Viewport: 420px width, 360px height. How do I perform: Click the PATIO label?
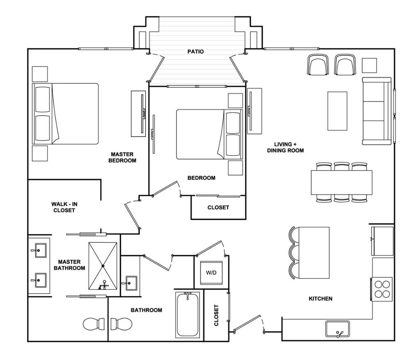point(196,52)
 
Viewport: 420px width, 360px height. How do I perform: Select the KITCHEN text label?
point(320,299)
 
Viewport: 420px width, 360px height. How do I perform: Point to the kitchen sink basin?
point(337,328)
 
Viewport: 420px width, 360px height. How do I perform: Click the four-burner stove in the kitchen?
point(381,288)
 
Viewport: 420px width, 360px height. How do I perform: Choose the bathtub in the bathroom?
point(188,314)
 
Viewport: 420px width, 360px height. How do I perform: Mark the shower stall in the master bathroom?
point(103,266)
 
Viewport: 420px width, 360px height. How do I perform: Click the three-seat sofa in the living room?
point(377,111)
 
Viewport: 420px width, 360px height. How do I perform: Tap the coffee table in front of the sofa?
point(337,111)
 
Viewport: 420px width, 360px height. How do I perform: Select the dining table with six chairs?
point(342,182)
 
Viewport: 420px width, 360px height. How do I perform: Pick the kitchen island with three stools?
point(314,253)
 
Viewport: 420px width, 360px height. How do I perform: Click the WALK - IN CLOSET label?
point(64,207)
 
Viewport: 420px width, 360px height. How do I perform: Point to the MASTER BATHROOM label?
point(69,265)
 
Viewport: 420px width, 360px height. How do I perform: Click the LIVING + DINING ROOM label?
point(285,148)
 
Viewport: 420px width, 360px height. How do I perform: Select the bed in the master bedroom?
point(66,114)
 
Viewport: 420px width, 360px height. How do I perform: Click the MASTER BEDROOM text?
point(122,157)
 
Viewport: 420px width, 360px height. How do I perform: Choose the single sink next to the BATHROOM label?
point(131,283)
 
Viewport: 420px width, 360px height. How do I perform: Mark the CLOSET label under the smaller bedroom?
point(218,207)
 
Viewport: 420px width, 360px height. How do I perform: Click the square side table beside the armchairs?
point(369,65)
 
